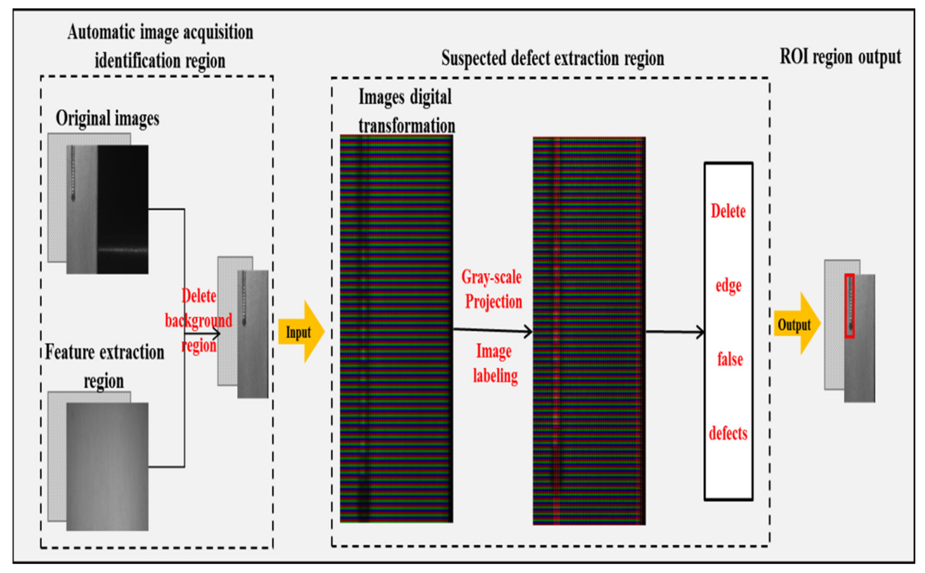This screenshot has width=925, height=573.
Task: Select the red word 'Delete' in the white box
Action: point(728,211)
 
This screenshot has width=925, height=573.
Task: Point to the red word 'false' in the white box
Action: point(730,359)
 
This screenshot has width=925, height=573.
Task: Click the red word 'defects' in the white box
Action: point(728,433)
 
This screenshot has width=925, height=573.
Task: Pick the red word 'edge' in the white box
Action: point(728,285)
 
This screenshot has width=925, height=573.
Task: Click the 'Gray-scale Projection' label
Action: point(492,290)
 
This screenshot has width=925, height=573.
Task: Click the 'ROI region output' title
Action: point(840,57)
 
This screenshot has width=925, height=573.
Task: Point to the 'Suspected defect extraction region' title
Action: point(552,58)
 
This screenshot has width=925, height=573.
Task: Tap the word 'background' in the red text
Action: point(198,320)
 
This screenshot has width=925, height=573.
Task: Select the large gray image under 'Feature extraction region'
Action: point(107,466)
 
